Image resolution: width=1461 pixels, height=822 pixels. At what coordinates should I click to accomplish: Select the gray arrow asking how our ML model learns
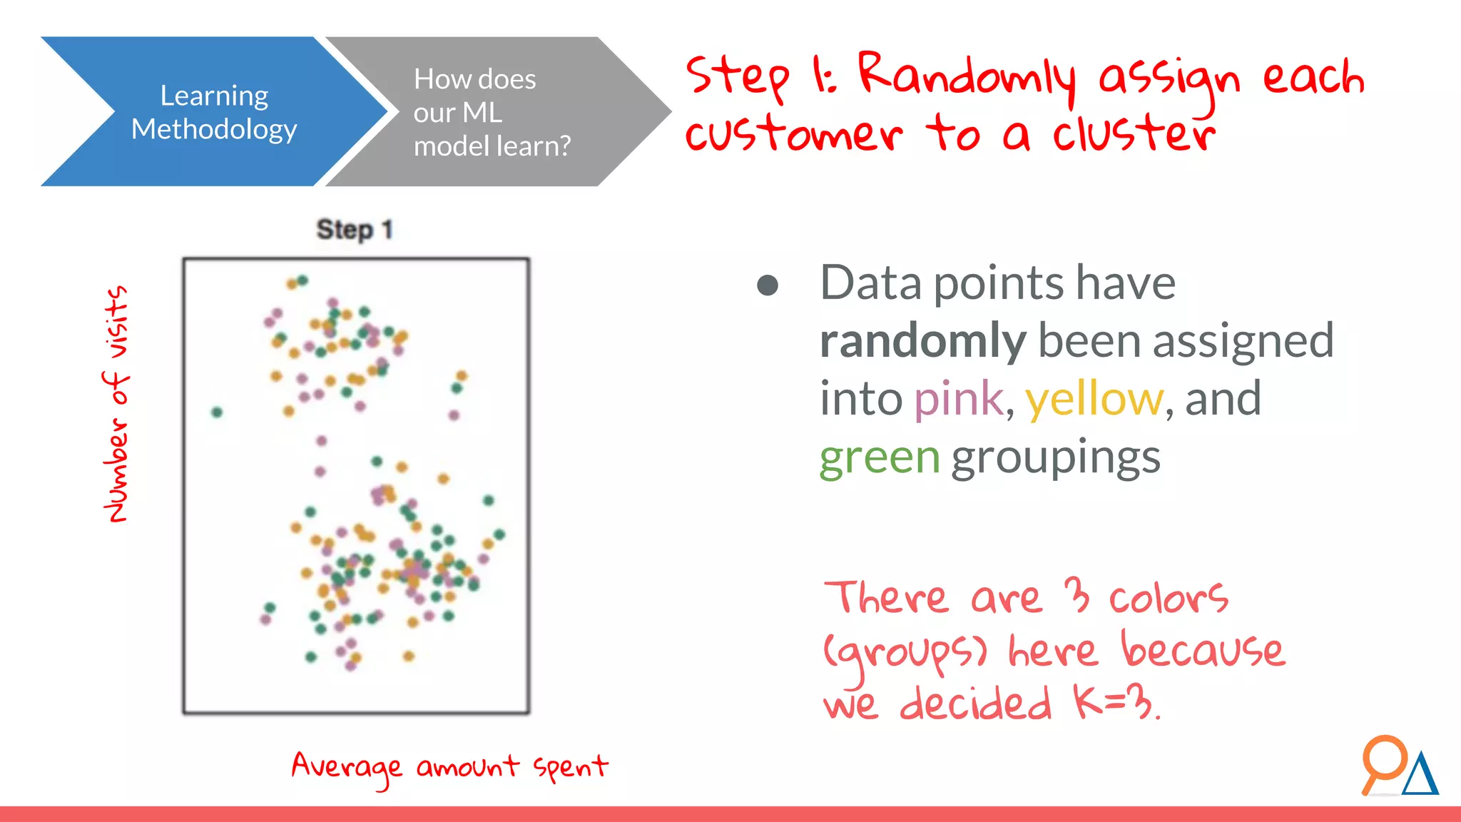492,112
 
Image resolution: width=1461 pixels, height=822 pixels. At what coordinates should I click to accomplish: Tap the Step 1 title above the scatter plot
355,230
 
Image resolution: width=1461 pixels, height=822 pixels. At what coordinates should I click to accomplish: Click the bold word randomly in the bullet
922,341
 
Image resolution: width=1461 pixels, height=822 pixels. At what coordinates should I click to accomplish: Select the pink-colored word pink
958,399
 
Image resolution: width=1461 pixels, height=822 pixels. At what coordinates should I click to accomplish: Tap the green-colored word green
880,457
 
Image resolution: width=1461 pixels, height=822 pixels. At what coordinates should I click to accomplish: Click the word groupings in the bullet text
1056,457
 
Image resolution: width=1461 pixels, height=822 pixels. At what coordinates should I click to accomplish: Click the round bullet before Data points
768,285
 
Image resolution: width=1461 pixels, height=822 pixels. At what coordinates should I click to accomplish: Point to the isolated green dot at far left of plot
217,412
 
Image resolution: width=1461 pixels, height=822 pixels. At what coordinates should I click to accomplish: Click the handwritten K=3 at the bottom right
1114,703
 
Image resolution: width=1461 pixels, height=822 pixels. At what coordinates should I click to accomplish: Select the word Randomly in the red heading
967,76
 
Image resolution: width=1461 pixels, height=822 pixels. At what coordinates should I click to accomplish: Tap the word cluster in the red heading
1134,133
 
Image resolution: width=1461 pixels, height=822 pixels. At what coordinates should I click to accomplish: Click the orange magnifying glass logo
1383,761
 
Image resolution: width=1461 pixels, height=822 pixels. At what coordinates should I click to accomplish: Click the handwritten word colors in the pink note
1168,597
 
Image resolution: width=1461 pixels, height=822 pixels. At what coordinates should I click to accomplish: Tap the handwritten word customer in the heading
794,133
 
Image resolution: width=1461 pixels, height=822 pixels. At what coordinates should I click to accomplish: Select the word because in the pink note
1203,650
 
